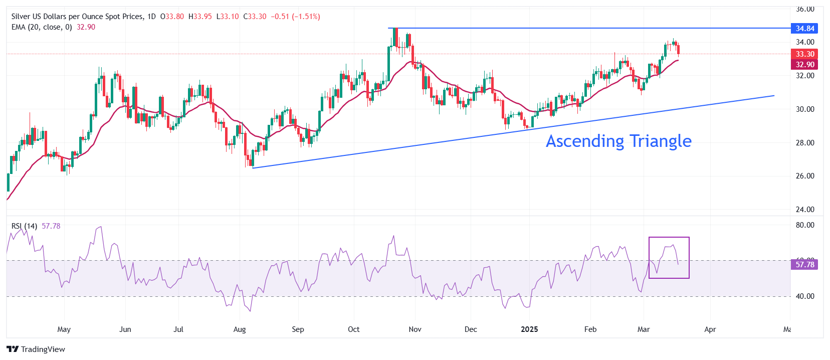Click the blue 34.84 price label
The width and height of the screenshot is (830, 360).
804,29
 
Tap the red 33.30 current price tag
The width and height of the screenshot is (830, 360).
804,54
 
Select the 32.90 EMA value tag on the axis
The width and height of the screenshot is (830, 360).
804,65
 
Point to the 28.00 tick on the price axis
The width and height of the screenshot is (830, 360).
805,143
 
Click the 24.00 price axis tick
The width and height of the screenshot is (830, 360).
805,210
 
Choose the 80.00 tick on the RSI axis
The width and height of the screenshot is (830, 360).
805,225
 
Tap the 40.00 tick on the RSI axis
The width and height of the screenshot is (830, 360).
805,296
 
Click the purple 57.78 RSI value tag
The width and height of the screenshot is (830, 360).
804,265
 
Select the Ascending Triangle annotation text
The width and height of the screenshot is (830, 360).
618,141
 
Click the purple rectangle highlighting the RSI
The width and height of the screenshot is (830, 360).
669,238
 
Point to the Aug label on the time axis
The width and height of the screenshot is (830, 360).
240,329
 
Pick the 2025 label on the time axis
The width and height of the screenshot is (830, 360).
529,329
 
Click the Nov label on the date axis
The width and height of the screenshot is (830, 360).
415,329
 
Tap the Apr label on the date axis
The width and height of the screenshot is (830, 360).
710,329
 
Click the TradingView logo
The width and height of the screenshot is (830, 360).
36,349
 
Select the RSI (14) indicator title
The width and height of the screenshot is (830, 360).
24,226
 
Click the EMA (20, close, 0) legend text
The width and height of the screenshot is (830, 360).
42,27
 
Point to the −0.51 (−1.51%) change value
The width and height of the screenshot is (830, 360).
295,17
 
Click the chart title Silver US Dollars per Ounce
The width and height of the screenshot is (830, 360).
77,17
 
